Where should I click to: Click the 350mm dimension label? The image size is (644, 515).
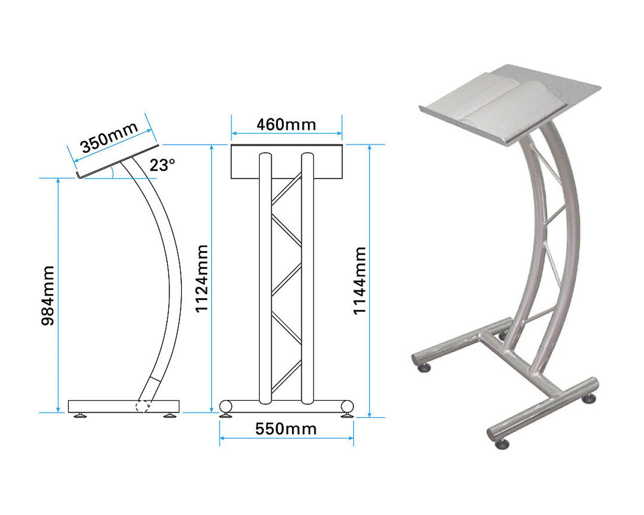coord(109,137)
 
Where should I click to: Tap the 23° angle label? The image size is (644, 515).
coord(162,164)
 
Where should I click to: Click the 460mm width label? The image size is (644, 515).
coord(286,124)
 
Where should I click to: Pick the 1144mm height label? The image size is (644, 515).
coord(360,281)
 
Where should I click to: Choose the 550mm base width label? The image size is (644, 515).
coord(286,429)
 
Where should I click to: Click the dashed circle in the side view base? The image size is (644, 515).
coord(143,406)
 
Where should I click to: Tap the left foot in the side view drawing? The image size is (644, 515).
coord(80,415)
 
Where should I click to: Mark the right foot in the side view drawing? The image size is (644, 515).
coord(170,415)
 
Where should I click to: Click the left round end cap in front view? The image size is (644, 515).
coord(226,406)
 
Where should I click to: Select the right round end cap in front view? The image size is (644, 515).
coord(347,406)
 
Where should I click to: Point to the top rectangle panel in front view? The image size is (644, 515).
coord(287,161)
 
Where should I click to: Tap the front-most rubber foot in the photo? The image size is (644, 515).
coord(502,444)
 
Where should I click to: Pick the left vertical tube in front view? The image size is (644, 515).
coord(265,279)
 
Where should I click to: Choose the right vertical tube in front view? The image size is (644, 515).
coord(307,279)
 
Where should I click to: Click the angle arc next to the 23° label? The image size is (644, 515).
coord(112,173)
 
